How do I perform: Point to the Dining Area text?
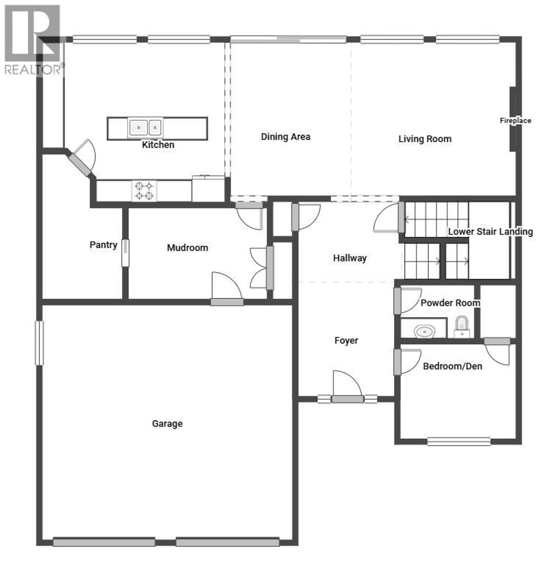coord(285,137)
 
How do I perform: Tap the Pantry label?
coord(103,245)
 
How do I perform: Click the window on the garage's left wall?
coord(39,343)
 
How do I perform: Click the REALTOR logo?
coord(33,40)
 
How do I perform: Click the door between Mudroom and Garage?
coord(227,302)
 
